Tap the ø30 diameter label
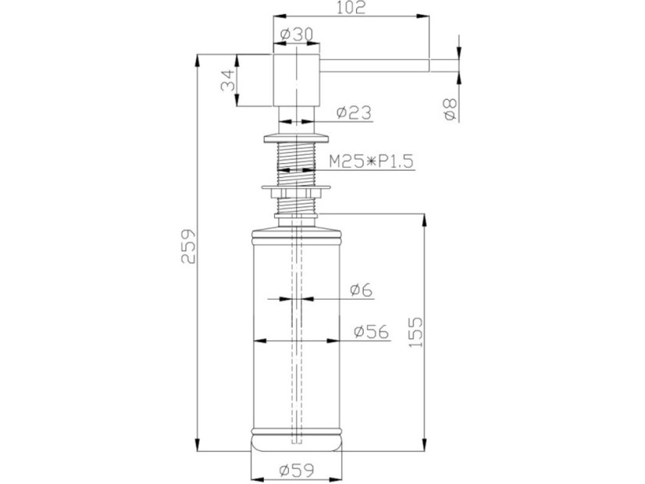[x=297, y=34]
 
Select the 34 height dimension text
[x=228, y=80]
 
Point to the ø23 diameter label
[x=354, y=112]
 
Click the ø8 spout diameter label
[x=450, y=109]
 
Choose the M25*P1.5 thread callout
[x=371, y=162]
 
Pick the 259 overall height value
[x=189, y=246]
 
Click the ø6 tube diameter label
[x=362, y=290]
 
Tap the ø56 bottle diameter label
[x=371, y=332]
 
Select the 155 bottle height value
[x=415, y=333]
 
